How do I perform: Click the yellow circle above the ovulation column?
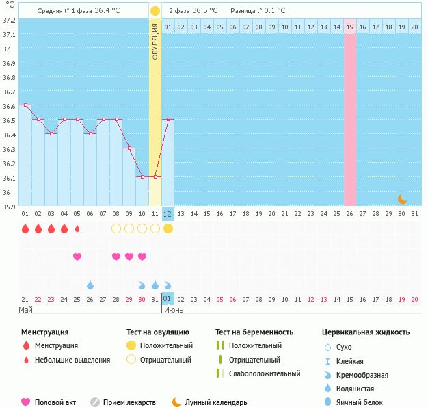tap(155, 11)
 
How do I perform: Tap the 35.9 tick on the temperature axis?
tap(9, 206)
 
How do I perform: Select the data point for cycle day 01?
tap(25, 105)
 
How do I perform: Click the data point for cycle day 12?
tap(168, 119)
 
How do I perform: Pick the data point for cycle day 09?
tap(129, 148)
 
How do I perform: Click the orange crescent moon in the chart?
tap(403, 199)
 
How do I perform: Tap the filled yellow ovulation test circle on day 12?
tap(168, 228)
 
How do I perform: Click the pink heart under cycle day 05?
tap(77, 257)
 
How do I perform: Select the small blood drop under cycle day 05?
tap(77, 228)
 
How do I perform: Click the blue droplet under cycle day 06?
tap(90, 285)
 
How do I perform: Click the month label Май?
tap(25, 310)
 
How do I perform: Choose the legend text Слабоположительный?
tap(265, 373)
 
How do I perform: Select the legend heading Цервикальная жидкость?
tap(366, 332)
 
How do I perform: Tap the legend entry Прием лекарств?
tap(129, 403)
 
